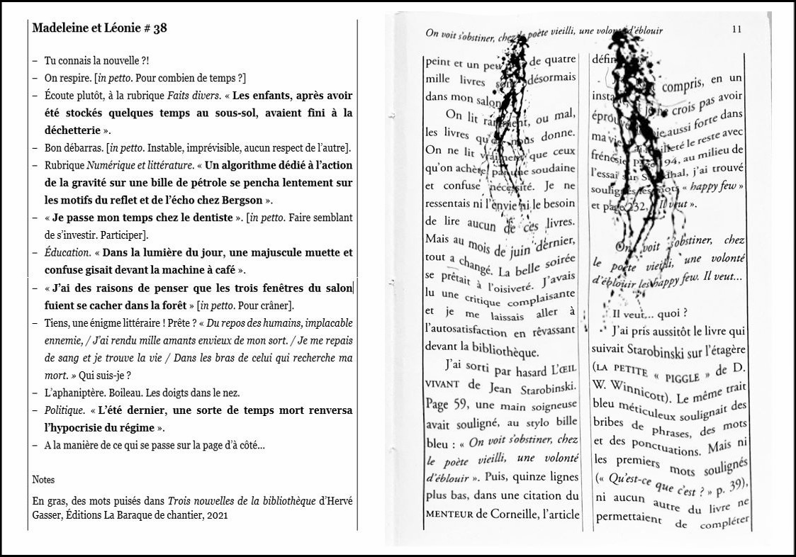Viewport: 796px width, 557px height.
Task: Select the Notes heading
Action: pyautogui.click(x=43, y=480)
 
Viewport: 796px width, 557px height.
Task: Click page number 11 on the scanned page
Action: pyautogui.click(x=736, y=29)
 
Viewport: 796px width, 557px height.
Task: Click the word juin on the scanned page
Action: pyautogui.click(x=523, y=249)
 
